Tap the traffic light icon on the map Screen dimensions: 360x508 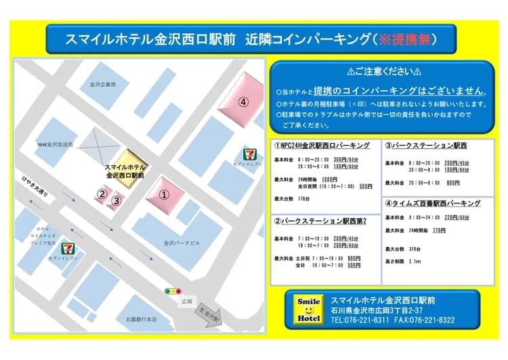pyautogui.click(x=173, y=292)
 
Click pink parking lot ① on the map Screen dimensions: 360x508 pyautogui.click(x=163, y=193)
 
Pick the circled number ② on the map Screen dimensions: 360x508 pyautogui.click(x=102, y=194)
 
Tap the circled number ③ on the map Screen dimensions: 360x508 pyautogui.click(x=117, y=200)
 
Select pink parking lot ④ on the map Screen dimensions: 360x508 pyautogui.click(x=240, y=100)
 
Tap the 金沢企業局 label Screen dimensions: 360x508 pyautogui.click(x=103, y=85)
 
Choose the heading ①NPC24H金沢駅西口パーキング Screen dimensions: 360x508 pyautogui.click(x=322, y=145)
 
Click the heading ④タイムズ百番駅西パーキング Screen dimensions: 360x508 pyautogui.click(x=433, y=203)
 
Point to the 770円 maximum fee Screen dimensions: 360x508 pyautogui.click(x=438, y=231)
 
